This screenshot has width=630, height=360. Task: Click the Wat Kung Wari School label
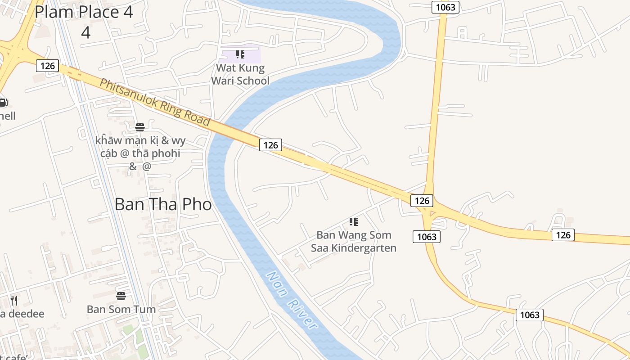[240, 74]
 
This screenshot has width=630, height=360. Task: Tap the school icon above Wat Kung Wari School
[240, 55]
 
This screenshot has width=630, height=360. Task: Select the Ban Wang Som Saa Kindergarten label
[354, 241]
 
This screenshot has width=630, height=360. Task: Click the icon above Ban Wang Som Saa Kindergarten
[354, 221]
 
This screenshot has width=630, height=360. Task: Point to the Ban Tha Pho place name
[163, 204]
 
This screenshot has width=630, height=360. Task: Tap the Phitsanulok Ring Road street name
[155, 102]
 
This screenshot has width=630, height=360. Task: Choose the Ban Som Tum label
[121, 309]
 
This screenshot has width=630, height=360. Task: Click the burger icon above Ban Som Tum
[121, 296]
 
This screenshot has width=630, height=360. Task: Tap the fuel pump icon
[3, 102]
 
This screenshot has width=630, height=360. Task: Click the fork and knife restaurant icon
[14, 300]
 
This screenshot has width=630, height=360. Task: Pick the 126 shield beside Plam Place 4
[47, 66]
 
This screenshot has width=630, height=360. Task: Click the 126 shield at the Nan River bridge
[270, 144]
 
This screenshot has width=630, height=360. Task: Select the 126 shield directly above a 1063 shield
[422, 200]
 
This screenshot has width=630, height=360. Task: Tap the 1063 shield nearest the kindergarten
[426, 236]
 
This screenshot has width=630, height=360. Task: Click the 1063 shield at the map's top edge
[445, 7]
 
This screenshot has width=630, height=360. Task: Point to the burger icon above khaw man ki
[140, 127]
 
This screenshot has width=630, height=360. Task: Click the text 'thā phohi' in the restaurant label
[156, 153]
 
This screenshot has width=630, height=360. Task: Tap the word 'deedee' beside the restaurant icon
[24, 314]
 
